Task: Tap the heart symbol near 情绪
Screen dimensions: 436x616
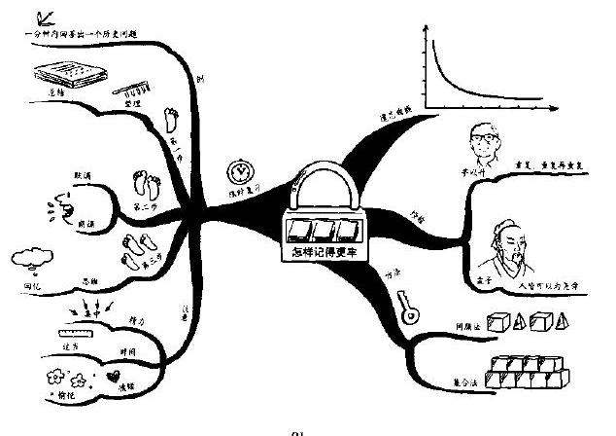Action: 116,374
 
